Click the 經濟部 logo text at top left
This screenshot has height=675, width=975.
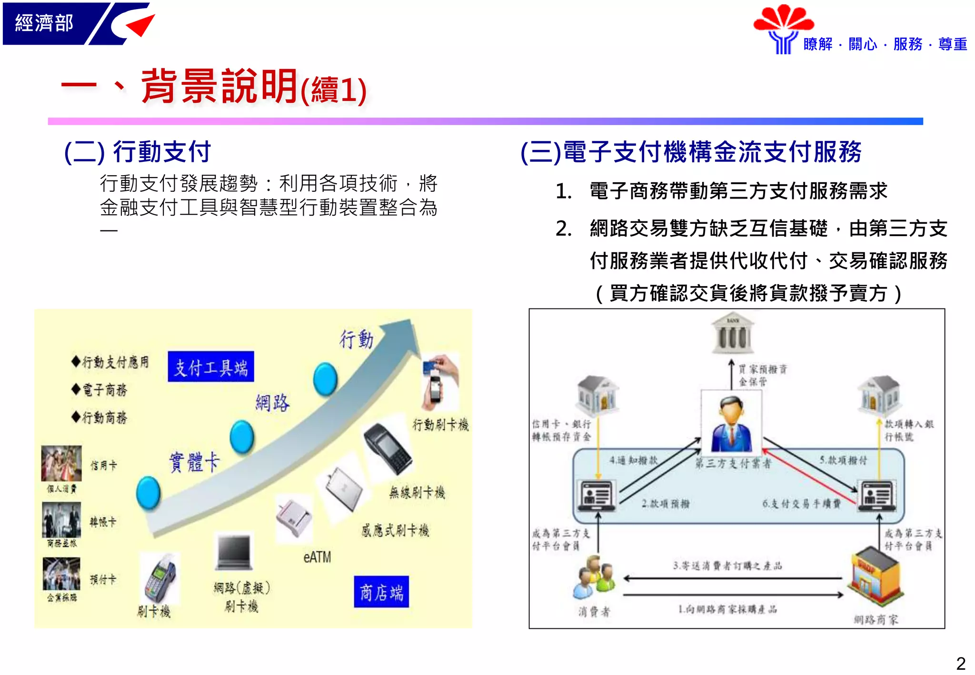pyautogui.click(x=44, y=23)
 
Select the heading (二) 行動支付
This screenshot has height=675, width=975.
pyautogui.click(x=138, y=152)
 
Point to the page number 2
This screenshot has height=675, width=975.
pyautogui.click(x=961, y=663)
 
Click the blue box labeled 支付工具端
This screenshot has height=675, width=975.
pyautogui.click(x=210, y=367)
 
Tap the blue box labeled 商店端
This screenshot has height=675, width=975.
pyautogui.click(x=381, y=592)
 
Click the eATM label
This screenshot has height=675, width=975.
pyautogui.click(x=317, y=557)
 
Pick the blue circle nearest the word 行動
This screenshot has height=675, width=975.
pyautogui.click(x=326, y=379)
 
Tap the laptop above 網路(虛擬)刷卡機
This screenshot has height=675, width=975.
pyautogui.click(x=234, y=552)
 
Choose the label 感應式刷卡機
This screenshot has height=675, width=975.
pyautogui.click(x=395, y=530)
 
